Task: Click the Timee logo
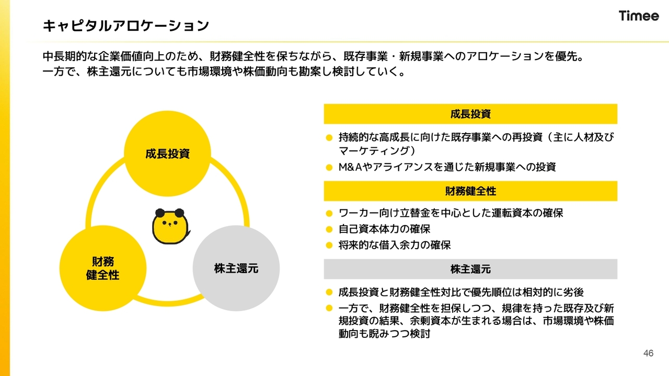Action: pos(639,16)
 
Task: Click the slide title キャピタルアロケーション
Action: pos(126,26)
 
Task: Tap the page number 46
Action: pos(649,354)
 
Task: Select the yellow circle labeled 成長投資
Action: pos(168,154)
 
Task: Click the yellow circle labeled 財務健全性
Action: pos(103,268)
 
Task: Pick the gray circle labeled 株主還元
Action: pos(236,268)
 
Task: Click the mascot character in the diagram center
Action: pos(171,226)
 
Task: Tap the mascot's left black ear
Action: pos(160,213)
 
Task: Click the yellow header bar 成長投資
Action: pos(470,114)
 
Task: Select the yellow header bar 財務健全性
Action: pos(470,191)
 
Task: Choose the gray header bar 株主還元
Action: pos(470,269)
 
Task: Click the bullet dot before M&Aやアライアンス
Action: pos(329,168)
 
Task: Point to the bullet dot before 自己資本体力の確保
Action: pos(329,229)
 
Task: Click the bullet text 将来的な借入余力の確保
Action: pos(395,245)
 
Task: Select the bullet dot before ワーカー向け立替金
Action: pos(329,214)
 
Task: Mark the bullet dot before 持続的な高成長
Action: pos(329,137)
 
